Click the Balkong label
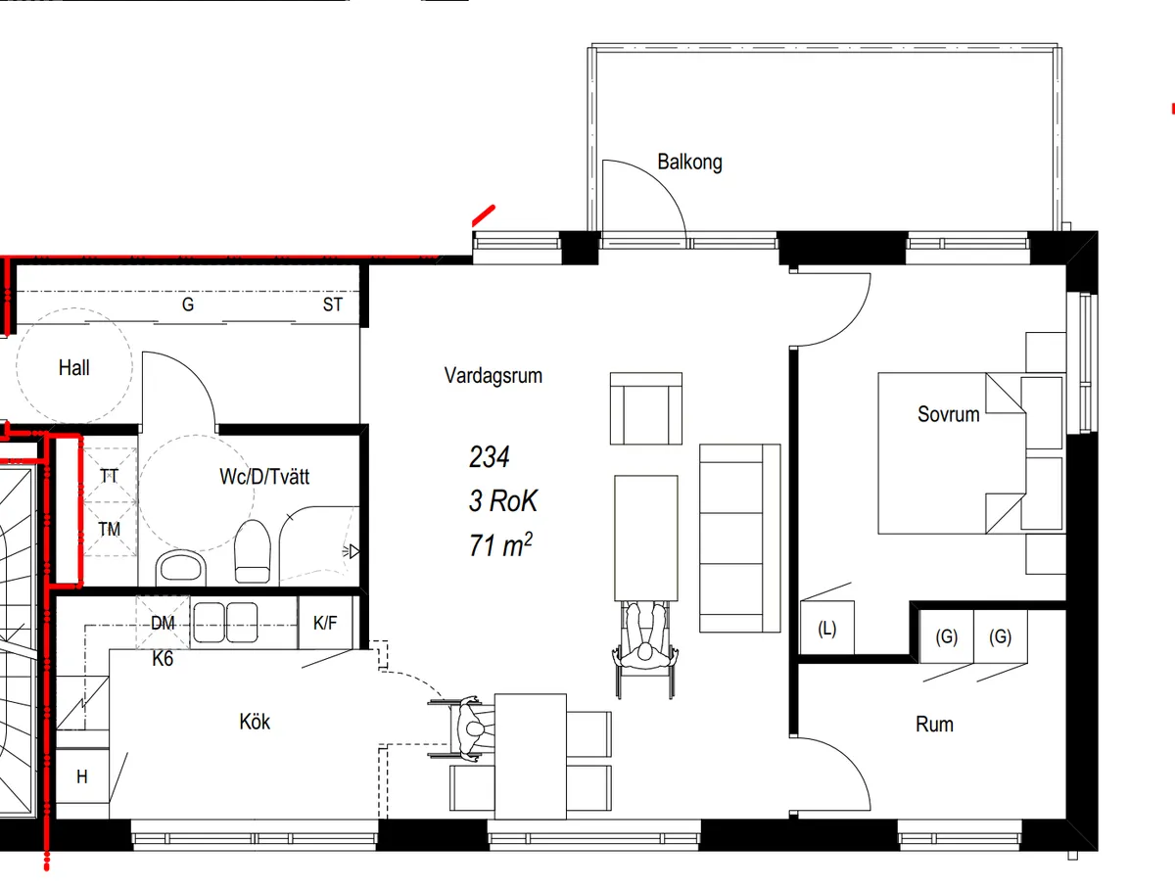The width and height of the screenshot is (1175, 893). tap(689, 163)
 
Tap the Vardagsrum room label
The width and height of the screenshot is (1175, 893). tap(493, 376)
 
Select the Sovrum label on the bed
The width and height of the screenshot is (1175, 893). tap(949, 414)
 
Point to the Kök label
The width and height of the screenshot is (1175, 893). tap(255, 722)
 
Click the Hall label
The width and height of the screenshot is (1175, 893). tap(73, 367)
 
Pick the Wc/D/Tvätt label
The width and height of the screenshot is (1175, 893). tap(264, 476)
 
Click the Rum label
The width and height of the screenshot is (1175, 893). tap(935, 725)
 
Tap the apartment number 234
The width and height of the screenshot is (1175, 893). tap(490, 457)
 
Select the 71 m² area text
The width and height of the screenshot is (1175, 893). tap(500, 545)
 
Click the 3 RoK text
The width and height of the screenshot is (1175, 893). tap(503, 501)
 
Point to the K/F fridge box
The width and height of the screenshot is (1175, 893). tap(325, 623)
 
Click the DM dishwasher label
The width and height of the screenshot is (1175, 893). tap(163, 623)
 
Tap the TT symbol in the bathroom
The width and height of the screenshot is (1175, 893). tap(110, 476)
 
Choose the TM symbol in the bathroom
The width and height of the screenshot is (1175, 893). tap(110, 529)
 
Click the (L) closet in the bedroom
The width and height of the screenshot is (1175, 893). tap(827, 628)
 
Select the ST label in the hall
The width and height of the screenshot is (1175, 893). tap(332, 305)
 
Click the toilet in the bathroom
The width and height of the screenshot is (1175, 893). tap(252, 551)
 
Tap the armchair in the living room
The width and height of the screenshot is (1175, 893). tap(646, 408)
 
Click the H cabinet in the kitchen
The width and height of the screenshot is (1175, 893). tap(82, 776)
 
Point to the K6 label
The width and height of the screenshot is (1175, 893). tap(163, 659)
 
